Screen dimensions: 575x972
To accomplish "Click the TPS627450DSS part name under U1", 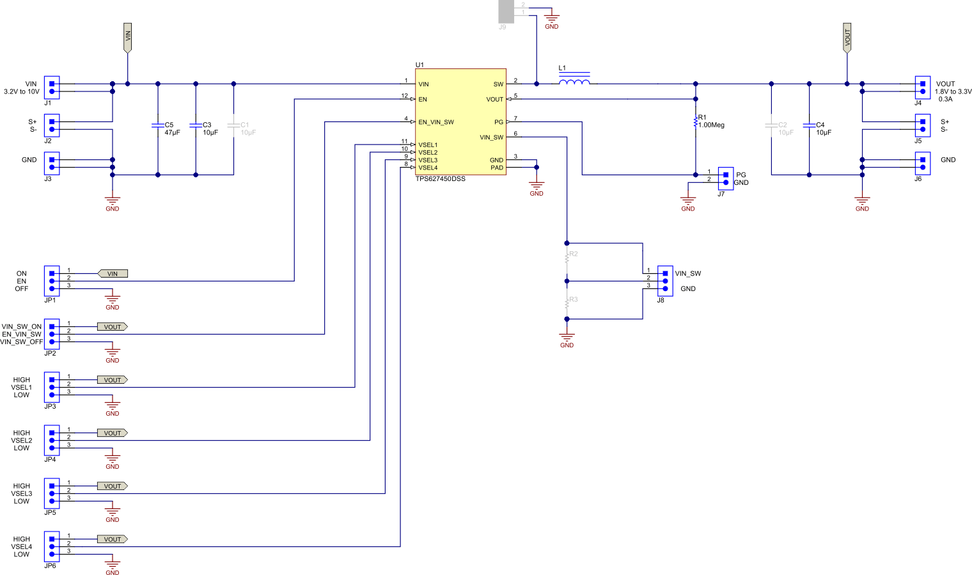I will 440,179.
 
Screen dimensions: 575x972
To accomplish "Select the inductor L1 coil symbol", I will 574,82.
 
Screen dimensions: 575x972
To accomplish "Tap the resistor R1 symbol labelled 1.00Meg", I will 696,122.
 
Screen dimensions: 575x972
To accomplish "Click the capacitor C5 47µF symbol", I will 158,125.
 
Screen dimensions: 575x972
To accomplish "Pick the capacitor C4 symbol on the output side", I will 809,125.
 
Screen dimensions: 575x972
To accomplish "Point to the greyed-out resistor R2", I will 567,257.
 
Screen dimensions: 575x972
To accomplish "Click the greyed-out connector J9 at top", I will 506,12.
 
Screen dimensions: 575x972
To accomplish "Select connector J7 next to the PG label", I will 725,178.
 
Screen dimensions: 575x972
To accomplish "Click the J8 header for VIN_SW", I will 665,281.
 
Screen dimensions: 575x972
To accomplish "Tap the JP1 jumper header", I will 52,281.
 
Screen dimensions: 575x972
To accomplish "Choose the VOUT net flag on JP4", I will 113,433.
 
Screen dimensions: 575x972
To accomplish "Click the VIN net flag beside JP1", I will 113,274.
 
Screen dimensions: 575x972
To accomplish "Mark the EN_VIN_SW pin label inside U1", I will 436,122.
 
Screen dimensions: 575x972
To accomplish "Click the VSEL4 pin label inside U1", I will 428,168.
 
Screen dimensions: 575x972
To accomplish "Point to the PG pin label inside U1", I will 498,122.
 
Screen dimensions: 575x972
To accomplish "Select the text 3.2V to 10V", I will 22,92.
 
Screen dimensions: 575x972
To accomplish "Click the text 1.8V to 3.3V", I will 953,92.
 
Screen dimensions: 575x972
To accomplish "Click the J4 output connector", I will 922,88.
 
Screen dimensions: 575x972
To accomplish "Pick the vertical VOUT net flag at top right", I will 847,38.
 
